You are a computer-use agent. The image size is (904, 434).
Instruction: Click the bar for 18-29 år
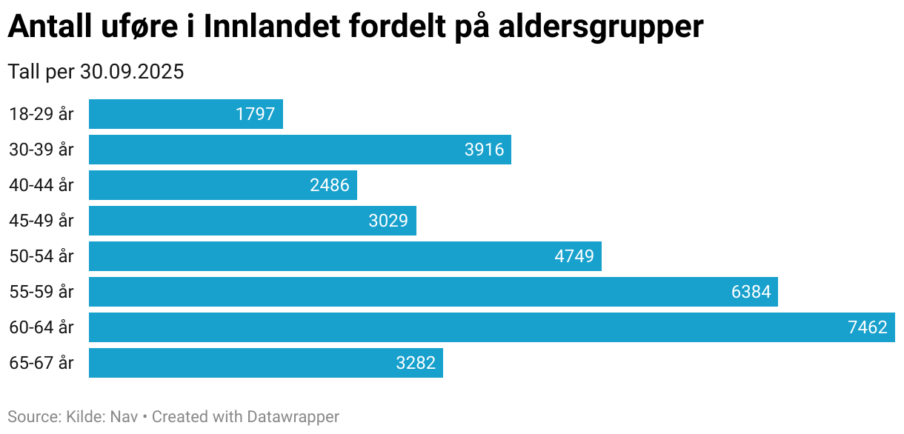tap(185, 114)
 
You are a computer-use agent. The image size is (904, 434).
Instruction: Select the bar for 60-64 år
tap(491, 327)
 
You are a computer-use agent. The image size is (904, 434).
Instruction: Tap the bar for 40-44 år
tap(222, 185)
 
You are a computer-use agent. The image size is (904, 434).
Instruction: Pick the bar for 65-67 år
tap(265, 363)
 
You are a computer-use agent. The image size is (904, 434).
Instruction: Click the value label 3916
tap(484, 150)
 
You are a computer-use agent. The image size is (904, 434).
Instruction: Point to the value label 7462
tap(867, 327)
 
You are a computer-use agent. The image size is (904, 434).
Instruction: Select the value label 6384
tap(751, 292)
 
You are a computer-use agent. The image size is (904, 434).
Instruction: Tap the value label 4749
tap(574, 256)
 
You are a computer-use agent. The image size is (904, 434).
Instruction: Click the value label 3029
tap(388, 221)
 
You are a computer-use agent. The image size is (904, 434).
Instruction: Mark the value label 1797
tap(256, 114)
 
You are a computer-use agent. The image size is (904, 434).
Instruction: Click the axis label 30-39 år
tap(41, 150)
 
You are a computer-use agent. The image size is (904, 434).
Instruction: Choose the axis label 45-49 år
tap(41, 221)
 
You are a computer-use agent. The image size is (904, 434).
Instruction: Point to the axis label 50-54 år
tap(41, 256)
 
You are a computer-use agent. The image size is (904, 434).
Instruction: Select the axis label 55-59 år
tap(41, 292)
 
